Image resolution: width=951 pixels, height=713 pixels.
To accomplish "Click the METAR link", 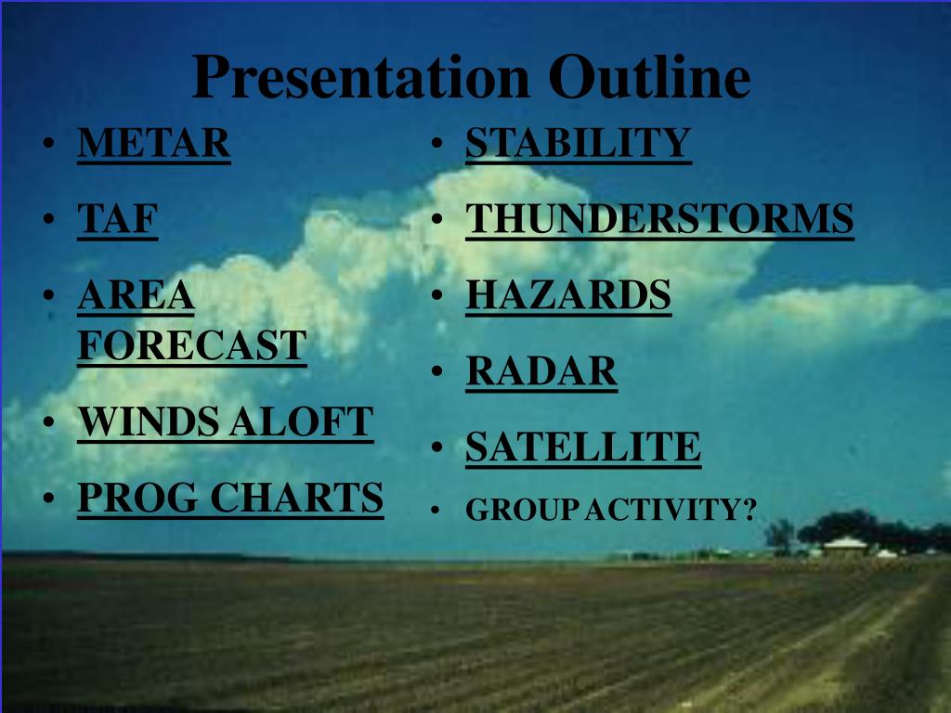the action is point(154,143).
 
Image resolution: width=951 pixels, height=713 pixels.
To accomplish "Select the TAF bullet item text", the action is point(118,218).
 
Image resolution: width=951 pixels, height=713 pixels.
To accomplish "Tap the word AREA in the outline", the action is point(136,295).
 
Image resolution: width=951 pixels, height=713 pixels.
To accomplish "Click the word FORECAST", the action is point(192,345).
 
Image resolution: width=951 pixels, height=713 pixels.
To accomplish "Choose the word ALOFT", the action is point(302,421).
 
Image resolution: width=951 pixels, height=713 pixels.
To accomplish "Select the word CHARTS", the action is point(297,498).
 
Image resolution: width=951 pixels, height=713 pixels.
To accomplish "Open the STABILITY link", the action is point(579,143).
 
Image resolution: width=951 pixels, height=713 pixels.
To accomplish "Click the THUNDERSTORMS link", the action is point(660,218).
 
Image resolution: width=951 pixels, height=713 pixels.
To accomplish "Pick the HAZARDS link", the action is point(568,295).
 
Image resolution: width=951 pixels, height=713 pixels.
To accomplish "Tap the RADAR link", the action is point(541,371).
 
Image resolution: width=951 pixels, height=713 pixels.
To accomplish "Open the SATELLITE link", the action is point(583,447).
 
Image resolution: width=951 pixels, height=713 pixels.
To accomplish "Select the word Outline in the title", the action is point(649,76).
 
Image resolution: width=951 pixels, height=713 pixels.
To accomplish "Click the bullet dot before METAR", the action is point(48,144).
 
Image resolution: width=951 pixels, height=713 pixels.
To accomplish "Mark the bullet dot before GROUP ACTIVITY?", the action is point(435,510).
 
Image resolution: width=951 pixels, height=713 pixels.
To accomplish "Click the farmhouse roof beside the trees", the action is point(845,542).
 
